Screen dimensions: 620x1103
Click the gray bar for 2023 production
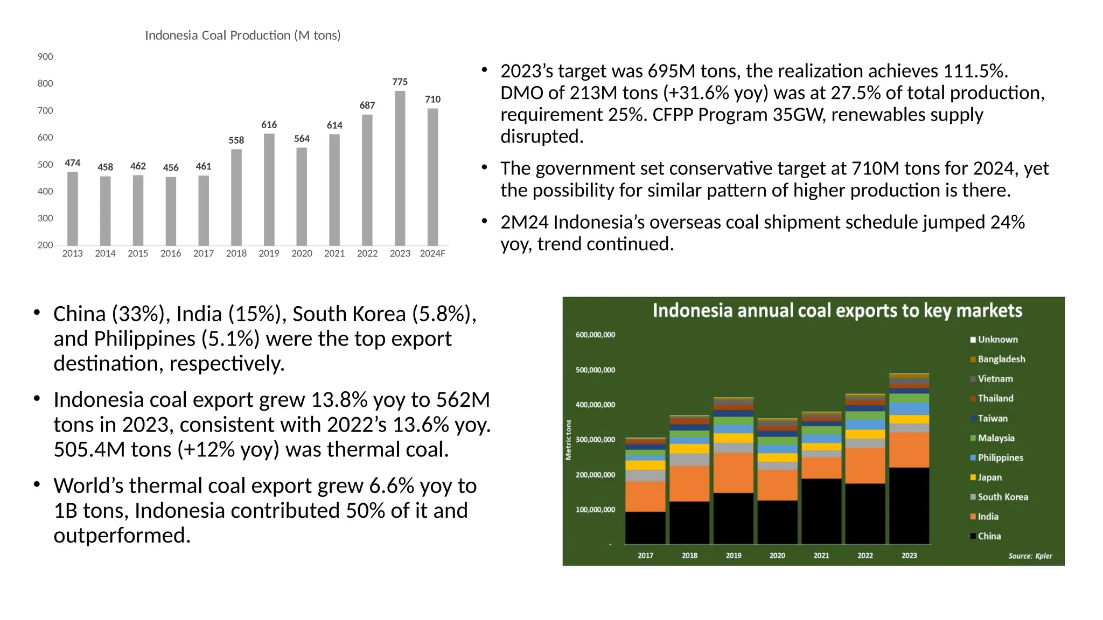pyautogui.click(x=400, y=168)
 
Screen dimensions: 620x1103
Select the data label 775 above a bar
pyautogui.click(x=400, y=82)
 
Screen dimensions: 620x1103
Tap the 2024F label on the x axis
pyautogui.click(x=432, y=253)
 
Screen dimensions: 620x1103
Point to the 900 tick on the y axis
pyautogui.click(x=45, y=57)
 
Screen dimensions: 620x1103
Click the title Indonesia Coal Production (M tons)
pyautogui.click(x=242, y=36)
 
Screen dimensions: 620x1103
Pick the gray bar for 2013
pyautogui.click(x=73, y=209)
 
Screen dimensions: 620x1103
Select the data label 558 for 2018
pyautogui.click(x=236, y=140)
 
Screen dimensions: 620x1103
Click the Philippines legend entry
pyautogui.click(x=1000, y=458)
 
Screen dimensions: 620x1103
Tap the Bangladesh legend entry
pyautogui.click(x=1001, y=359)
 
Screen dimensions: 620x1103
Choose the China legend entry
pyautogui.click(x=989, y=536)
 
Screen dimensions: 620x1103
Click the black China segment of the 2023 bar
pyautogui.click(x=909, y=506)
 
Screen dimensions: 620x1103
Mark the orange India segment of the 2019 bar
pyautogui.click(x=733, y=473)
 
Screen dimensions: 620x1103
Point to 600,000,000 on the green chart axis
pyautogui.click(x=595, y=335)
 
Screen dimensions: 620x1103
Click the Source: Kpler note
pyautogui.click(x=1030, y=556)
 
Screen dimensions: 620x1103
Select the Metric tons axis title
pyautogui.click(x=568, y=440)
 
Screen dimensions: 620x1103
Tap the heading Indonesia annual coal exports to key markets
pyautogui.click(x=837, y=311)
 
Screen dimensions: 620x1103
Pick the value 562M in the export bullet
pyautogui.click(x=463, y=400)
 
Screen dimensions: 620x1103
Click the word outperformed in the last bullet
pyautogui.click(x=122, y=536)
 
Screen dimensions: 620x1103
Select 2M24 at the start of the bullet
pyautogui.click(x=523, y=222)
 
